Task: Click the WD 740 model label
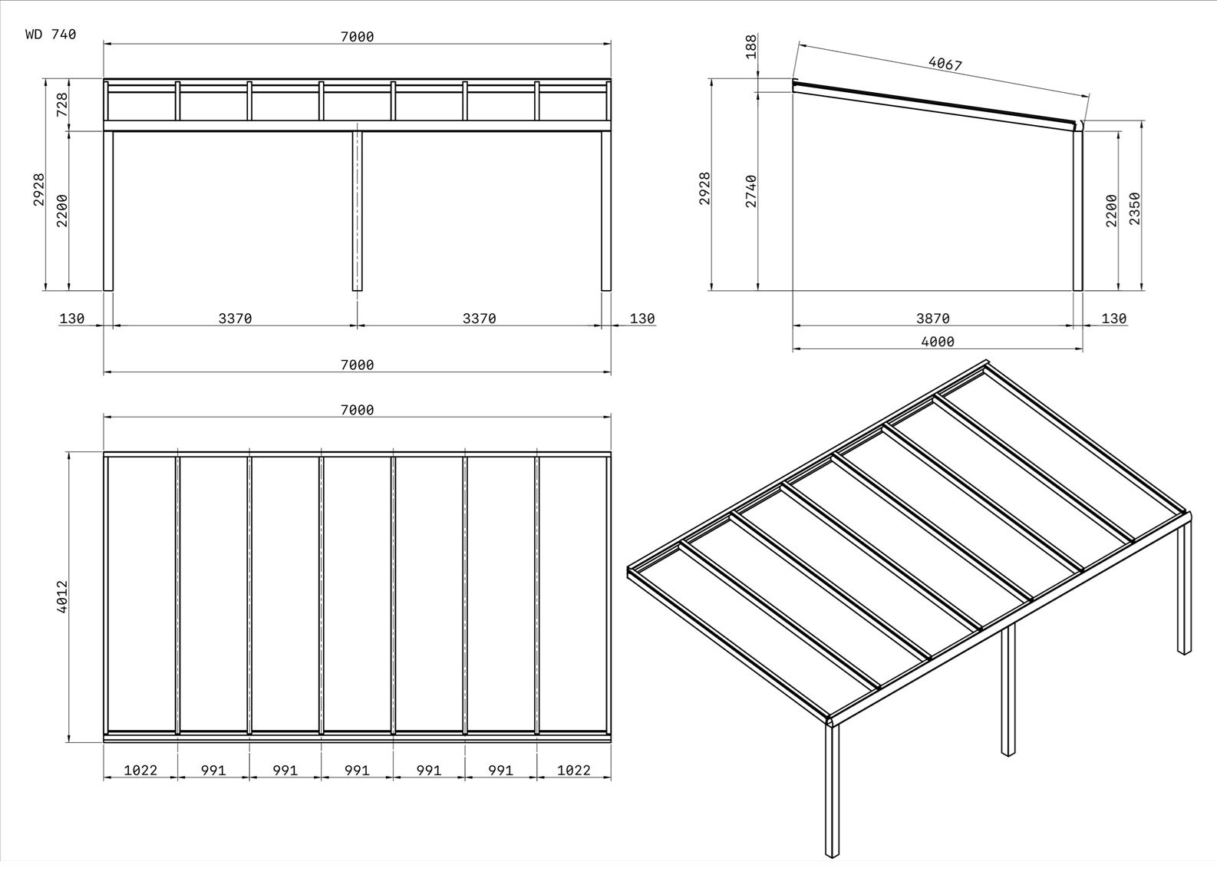[x=51, y=35]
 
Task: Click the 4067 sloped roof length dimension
[x=945, y=64]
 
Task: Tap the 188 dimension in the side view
[x=751, y=47]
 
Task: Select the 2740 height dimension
[x=751, y=191]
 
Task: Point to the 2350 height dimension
[x=1134, y=208]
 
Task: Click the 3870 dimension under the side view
[x=933, y=319]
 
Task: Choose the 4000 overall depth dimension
[x=938, y=342]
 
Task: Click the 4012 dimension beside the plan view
[x=62, y=596]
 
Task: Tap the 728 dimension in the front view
[x=62, y=104]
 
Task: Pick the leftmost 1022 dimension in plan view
[x=140, y=770]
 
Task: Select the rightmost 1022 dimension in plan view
[x=574, y=770]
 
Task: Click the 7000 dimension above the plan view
[x=357, y=410]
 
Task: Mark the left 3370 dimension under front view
[x=236, y=319]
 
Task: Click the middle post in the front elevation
[x=357, y=211]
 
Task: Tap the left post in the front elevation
[x=108, y=211]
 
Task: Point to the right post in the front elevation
[x=605, y=211]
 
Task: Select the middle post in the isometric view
[x=1008, y=689]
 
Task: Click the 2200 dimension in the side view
[x=1112, y=210]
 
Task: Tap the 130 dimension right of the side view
[x=1113, y=319]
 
